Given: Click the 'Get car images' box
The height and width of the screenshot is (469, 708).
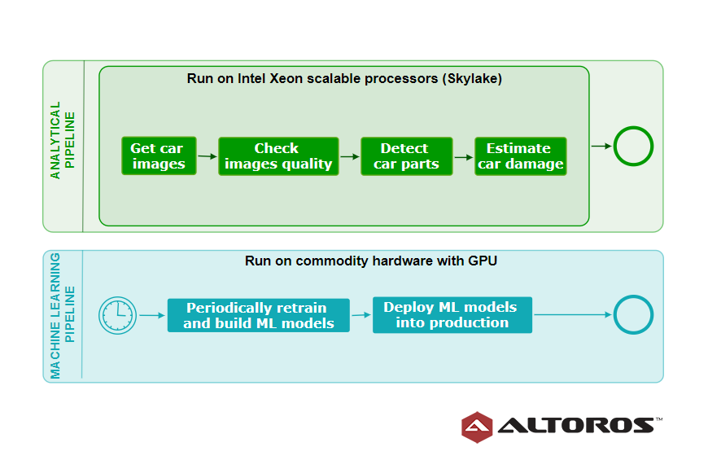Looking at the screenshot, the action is click(159, 156).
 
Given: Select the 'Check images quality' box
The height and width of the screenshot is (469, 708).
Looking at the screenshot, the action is click(278, 156).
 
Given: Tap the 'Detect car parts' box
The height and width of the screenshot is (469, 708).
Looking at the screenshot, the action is click(406, 156).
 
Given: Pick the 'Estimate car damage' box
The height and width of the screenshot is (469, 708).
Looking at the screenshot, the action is click(521, 156).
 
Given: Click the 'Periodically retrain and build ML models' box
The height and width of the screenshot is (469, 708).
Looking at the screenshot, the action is click(258, 315).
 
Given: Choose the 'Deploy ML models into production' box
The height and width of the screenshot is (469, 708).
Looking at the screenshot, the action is click(452, 315).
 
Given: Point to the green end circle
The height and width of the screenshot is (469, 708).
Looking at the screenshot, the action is click(633, 127).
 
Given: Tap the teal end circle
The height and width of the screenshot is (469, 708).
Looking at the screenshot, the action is click(633, 296).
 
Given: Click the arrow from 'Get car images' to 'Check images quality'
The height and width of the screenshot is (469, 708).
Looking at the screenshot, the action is click(208, 156).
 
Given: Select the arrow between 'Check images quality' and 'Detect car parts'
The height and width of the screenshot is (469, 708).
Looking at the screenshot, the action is click(350, 157).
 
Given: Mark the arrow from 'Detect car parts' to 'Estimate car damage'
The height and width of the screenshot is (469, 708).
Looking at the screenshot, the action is click(464, 157).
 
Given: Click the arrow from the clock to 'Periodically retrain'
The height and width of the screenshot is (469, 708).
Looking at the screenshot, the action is click(152, 315).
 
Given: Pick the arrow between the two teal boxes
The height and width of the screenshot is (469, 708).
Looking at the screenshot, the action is click(361, 315).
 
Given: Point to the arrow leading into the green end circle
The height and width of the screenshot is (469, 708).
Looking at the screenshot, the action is click(601, 146).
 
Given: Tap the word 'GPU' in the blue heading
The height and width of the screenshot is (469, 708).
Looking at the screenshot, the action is click(483, 261).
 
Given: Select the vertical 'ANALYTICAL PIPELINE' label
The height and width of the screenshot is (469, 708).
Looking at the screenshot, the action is click(63, 140).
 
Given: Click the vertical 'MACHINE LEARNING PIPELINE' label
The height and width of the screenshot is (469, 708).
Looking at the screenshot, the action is click(63, 315).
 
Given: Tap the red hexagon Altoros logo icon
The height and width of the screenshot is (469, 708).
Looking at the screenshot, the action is click(477, 427).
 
